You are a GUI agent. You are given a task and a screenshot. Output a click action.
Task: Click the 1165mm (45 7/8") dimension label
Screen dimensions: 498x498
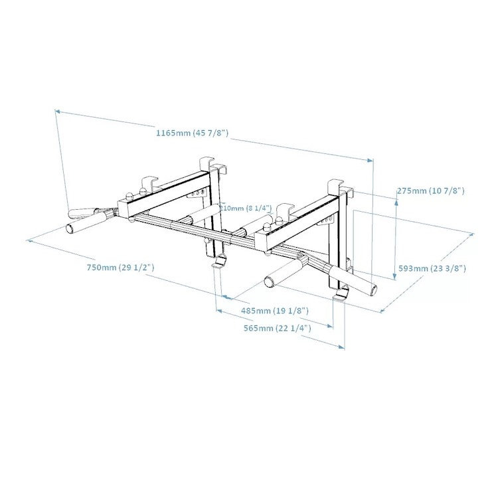[192, 133]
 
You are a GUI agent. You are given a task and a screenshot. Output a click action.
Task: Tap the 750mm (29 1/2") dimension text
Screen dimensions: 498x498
[120, 267]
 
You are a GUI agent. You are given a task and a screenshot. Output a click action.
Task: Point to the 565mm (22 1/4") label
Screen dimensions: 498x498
[277, 328]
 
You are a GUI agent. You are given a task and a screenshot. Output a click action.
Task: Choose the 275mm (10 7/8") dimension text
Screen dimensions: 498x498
[430, 191]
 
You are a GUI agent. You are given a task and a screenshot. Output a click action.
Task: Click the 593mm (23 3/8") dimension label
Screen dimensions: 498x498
[432, 268]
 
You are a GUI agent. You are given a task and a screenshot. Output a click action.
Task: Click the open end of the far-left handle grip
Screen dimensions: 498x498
[70, 229]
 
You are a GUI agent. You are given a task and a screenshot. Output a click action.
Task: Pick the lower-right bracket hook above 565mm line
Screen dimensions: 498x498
[341, 293]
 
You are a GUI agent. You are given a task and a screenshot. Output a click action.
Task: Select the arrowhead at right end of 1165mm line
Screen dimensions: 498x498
[371, 160]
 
